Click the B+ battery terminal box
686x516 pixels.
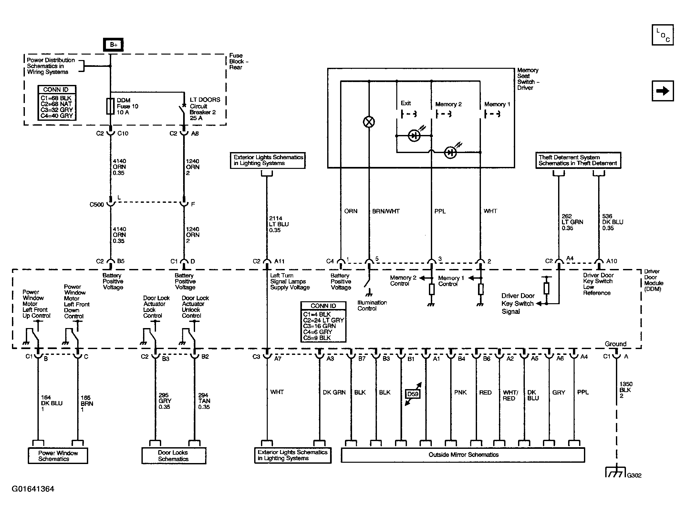click(x=113, y=45)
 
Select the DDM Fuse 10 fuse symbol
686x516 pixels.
click(x=110, y=107)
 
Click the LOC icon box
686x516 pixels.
click(x=662, y=35)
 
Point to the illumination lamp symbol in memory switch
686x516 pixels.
click(x=369, y=122)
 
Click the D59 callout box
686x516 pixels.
click(x=412, y=394)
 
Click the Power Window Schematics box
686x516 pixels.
click(x=58, y=456)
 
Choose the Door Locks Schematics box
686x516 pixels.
click(x=173, y=456)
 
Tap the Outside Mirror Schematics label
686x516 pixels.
click(x=463, y=455)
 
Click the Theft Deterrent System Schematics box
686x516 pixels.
click(x=578, y=160)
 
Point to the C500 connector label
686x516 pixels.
click(x=97, y=205)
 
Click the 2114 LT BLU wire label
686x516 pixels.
click(x=279, y=224)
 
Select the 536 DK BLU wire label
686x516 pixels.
click(x=612, y=222)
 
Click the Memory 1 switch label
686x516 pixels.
click(x=497, y=104)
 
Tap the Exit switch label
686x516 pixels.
click(x=406, y=103)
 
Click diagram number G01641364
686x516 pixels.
click(x=33, y=489)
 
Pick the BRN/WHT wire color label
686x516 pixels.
click(x=386, y=212)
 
